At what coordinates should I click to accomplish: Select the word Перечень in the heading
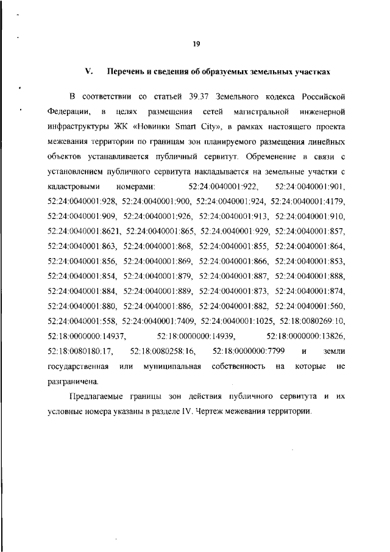point(124,72)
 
